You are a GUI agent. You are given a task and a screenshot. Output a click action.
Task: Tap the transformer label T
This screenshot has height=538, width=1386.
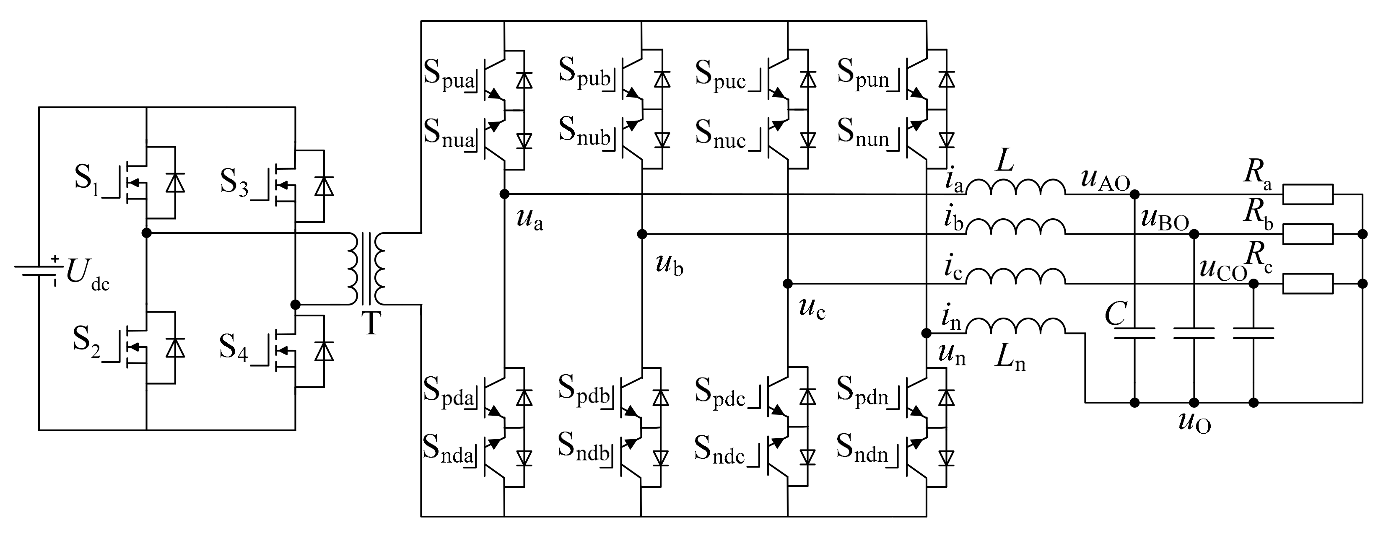click(x=371, y=323)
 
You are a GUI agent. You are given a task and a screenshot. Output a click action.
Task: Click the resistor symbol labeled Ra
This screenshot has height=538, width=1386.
click(x=1308, y=194)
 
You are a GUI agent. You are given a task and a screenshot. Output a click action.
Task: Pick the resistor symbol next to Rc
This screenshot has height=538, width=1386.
click(x=1308, y=284)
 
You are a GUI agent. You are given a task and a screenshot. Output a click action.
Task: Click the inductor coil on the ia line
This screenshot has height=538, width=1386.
click(x=1015, y=187)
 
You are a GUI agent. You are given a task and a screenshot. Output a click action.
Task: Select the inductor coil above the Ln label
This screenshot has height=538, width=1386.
click(x=1015, y=326)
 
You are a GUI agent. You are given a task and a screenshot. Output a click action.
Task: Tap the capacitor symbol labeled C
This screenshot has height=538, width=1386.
click(x=1134, y=334)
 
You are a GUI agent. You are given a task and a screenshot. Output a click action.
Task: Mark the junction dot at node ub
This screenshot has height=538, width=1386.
click(x=641, y=234)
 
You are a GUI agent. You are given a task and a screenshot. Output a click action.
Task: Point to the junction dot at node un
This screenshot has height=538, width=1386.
click(x=926, y=334)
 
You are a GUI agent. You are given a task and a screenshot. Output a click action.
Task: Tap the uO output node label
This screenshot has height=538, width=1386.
click(x=1194, y=422)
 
